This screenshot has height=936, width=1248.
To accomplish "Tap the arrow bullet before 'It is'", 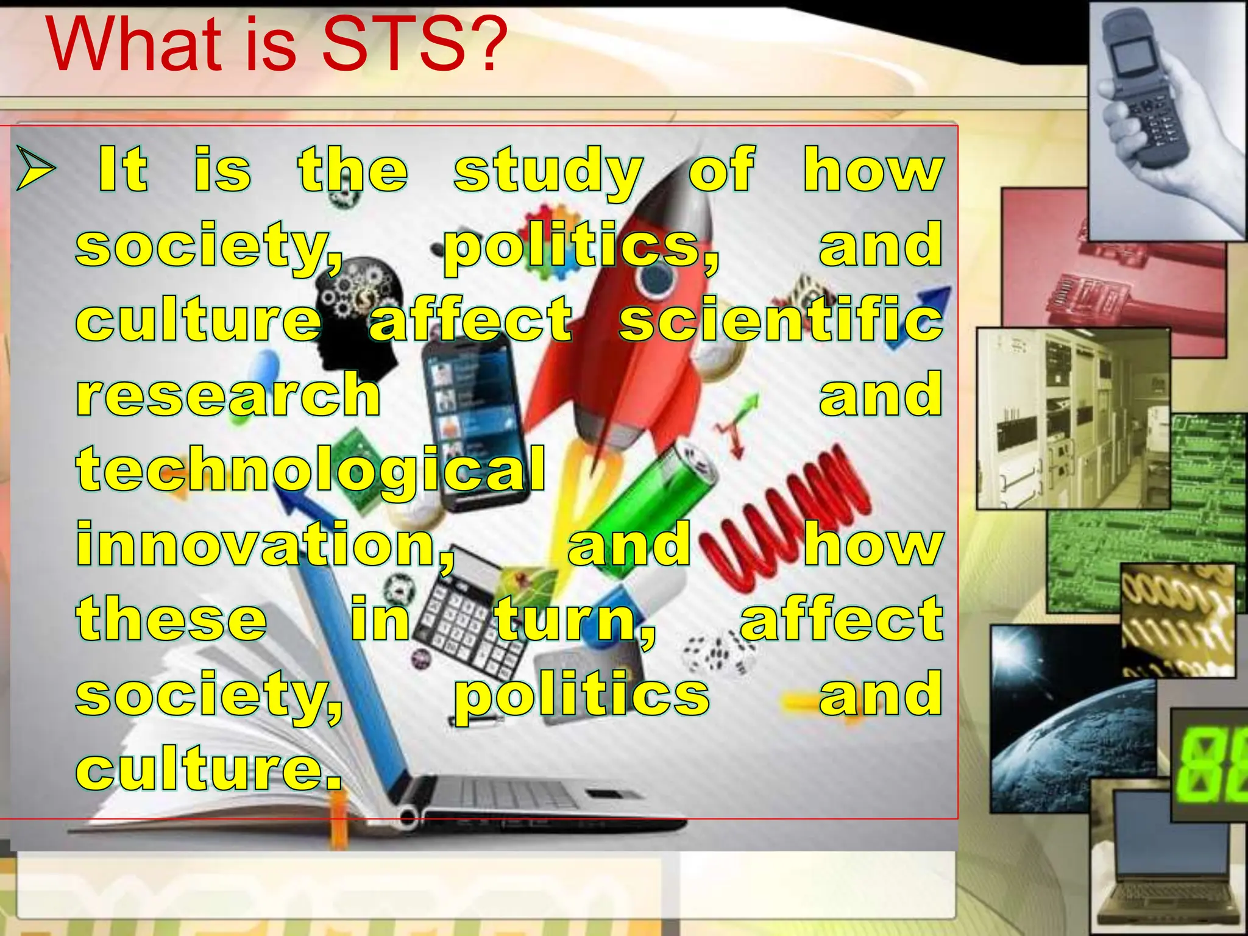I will (x=35, y=168).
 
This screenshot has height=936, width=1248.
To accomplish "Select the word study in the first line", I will (x=547, y=171).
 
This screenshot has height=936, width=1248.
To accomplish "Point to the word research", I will (x=229, y=395).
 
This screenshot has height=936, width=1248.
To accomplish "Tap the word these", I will (x=172, y=619).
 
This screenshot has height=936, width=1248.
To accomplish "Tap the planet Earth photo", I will (x=1066, y=725).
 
